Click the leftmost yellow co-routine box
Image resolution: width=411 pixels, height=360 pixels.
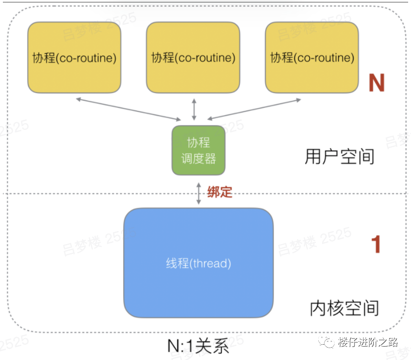[75, 57]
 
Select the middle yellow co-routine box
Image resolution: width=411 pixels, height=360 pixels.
[193, 57]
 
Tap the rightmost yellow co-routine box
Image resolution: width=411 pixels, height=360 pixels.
[312, 57]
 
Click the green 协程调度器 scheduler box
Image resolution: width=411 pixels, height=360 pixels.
[198, 149]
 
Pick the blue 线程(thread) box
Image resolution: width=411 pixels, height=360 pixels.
[198, 263]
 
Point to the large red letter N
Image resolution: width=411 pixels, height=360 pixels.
[376, 83]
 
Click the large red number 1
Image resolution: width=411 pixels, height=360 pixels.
[376, 244]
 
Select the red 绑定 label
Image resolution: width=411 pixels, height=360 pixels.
[219, 192]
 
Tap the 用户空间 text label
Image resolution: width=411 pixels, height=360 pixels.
[339, 157]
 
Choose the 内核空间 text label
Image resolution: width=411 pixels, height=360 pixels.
[344, 308]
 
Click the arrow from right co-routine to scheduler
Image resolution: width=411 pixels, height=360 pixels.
[254, 109]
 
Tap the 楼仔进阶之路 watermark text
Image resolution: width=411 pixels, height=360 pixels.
[367, 342]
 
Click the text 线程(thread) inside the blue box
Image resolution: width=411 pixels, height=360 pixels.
[198, 263]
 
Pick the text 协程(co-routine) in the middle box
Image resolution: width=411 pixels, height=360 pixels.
[193, 58]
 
